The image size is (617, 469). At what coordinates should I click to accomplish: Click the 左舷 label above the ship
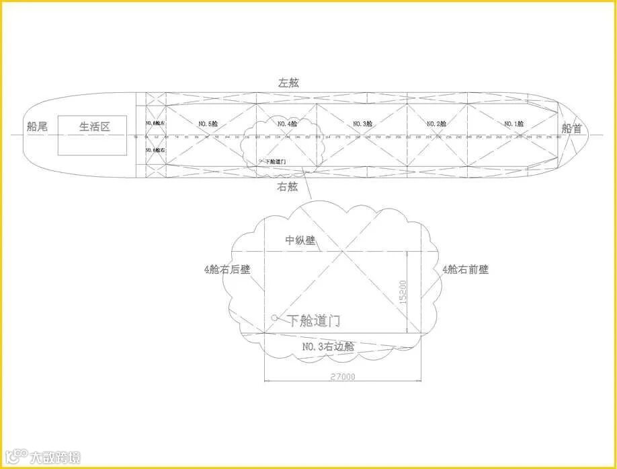point(289,83)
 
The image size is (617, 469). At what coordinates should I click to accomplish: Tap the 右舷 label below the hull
point(287,187)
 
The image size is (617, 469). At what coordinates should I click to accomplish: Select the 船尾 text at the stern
point(37,127)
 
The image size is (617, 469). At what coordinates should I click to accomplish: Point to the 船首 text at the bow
point(572,129)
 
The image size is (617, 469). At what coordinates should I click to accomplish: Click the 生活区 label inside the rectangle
point(94,127)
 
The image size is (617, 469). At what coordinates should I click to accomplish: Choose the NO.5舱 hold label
point(208,124)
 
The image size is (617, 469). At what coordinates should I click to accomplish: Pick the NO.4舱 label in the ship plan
point(287,124)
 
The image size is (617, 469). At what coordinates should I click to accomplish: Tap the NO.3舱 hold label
point(363,124)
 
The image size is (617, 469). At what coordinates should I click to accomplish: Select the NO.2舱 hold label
point(437,124)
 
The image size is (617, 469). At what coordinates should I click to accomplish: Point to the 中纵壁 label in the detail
point(300,240)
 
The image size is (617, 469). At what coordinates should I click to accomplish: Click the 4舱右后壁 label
point(227,269)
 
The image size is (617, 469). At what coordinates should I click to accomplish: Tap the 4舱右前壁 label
point(465,269)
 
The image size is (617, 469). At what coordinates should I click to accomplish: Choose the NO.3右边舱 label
point(328,347)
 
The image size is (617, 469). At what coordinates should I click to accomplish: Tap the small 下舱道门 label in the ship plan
point(276,161)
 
